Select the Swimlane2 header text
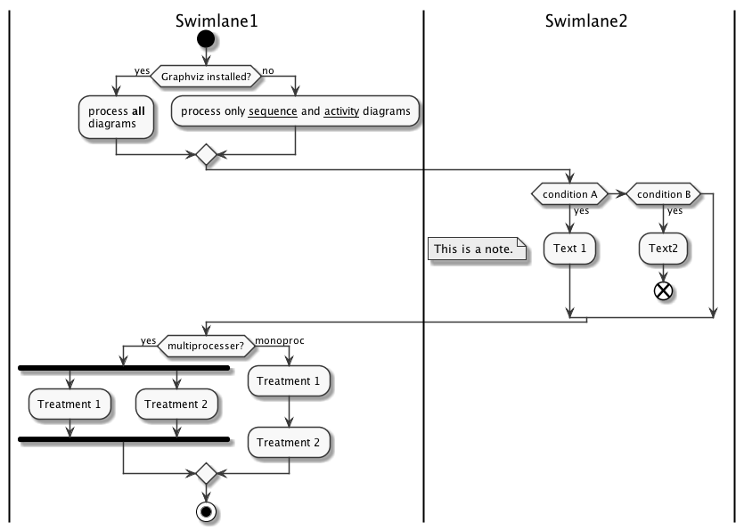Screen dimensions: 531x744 [x=586, y=21]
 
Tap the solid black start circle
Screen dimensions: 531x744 [x=206, y=40]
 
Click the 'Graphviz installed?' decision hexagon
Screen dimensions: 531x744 [x=206, y=77]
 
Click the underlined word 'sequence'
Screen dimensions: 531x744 [x=273, y=111]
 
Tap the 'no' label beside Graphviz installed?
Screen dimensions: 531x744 [x=268, y=69]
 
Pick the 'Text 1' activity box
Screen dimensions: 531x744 [x=569, y=249]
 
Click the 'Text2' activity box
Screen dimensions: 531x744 [x=664, y=249]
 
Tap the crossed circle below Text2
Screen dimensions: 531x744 [x=664, y=291]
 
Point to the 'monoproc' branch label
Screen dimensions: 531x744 [x=278, y=340]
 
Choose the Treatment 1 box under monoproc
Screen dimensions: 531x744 [x=289, y=381]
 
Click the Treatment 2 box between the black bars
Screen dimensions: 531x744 [x=176, y=404]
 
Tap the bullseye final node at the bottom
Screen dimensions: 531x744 [x=206, y=512]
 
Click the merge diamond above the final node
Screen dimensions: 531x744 [x=206, y=472]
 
